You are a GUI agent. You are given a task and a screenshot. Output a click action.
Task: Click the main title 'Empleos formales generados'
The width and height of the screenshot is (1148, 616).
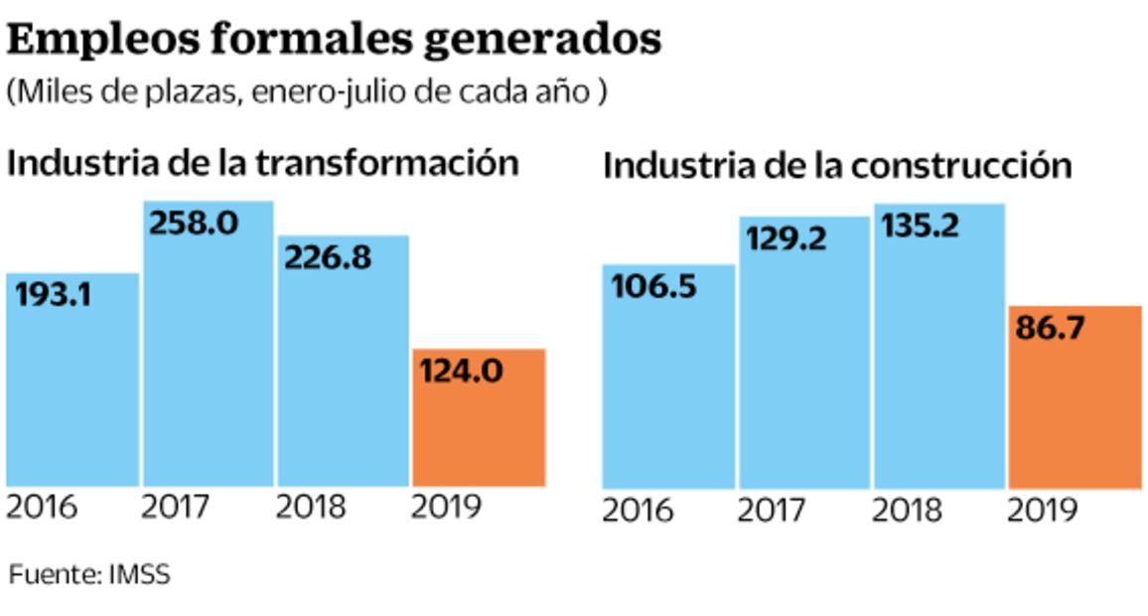tap(334, 40)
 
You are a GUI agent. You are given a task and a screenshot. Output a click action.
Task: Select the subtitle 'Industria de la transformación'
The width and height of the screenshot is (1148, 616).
tap(263, 162)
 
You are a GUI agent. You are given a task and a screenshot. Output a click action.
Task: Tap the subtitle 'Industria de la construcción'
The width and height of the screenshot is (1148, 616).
tap(837, 165)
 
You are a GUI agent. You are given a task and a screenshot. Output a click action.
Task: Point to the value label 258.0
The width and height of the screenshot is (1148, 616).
tap(194, 223)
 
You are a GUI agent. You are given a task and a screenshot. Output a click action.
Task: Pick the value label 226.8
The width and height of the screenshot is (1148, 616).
tap(328, 257)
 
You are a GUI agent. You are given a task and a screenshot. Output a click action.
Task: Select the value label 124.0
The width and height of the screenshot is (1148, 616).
tap(462, 372)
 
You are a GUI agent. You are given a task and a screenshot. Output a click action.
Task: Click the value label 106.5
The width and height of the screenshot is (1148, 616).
tap(654, 287)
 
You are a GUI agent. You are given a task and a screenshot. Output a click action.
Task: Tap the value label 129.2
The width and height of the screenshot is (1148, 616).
tap(786, 238)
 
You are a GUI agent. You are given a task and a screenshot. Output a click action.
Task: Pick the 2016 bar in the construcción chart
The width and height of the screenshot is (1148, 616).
tap(668, 397)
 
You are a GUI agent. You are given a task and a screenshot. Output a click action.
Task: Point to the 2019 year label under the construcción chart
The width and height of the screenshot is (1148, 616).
tap(1042, 511)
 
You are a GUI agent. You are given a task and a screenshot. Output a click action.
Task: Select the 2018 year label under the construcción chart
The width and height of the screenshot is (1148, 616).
tap(907, 511)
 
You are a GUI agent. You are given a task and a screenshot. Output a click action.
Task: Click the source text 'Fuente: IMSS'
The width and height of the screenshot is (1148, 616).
tap(90, 574)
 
